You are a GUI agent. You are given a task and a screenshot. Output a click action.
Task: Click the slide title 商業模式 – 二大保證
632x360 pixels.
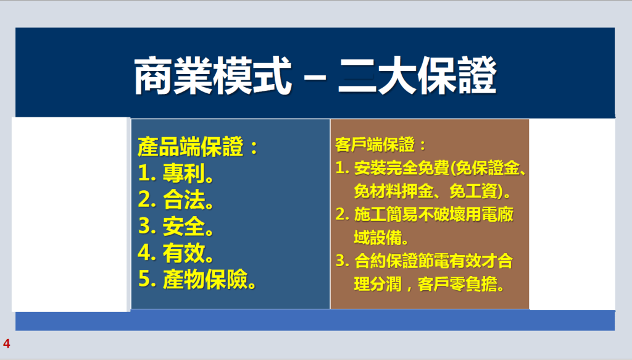pos(315,76)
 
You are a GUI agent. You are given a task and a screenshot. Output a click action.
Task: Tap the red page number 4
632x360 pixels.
pos(6,343)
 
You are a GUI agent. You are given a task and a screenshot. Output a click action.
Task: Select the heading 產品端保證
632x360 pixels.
pos(190,146)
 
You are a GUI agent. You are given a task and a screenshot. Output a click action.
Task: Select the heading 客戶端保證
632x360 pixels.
pos(375,144)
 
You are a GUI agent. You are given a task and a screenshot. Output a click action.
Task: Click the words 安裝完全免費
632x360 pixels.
pos(401,168)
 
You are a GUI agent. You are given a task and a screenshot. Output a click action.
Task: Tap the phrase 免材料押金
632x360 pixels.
pos(393,191)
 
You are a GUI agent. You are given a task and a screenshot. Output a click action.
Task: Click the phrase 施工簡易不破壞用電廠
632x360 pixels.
pos(434,214)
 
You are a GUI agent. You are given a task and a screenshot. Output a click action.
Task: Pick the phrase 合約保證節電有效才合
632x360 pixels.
pos(434,261)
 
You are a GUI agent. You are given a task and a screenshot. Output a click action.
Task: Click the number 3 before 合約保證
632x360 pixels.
pos(340,261)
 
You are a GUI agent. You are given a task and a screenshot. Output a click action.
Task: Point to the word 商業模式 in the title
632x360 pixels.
pos(212,76)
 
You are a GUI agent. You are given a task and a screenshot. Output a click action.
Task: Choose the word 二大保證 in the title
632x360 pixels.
pos(418,76)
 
